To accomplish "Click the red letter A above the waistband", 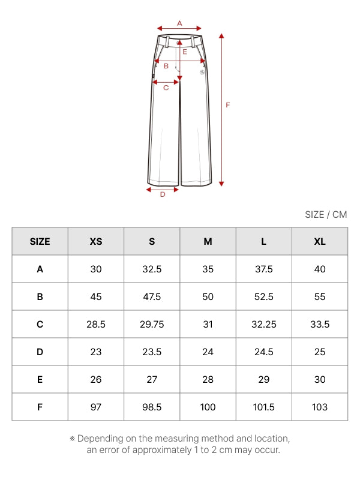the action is [179, 23].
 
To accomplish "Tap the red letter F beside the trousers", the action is [228, 105].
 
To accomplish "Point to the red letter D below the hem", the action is [163, 194].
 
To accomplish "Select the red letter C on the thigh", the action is [166, 88].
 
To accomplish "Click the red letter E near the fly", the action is [185, 52].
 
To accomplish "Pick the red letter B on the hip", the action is [166, 66].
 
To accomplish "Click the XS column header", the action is [96, 242].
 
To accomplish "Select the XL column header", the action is [320, 242].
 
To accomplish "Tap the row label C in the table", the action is [40, 324].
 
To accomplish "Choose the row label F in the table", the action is [40, 407].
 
